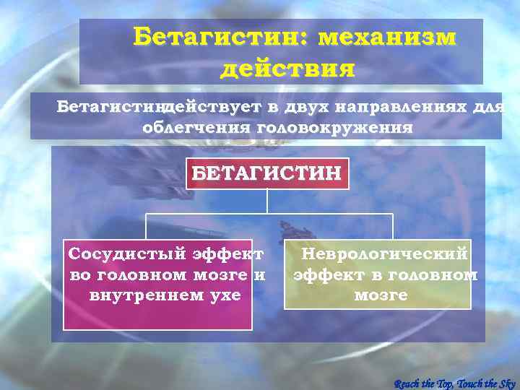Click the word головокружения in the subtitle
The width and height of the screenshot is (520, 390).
(334, 128)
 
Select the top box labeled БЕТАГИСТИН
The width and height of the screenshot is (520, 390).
(267, 173)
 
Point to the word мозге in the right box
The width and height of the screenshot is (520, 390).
(381, 295)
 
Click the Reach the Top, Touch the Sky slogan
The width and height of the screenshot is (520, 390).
(454, 382)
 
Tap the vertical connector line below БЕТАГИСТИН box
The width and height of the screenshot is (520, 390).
(267, 201)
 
